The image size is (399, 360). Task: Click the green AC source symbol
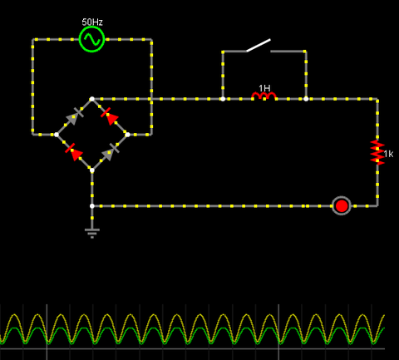tap(91, 39)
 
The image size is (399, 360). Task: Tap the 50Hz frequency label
tap(92, 22)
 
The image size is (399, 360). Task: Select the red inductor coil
tap(264, 96)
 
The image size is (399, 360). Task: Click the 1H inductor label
tap(264, 88)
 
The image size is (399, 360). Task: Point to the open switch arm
tap(259, 45)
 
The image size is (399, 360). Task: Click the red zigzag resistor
tap(377, 152)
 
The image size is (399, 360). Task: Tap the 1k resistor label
tap(388, 154)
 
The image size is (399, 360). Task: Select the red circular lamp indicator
tap(342, 206)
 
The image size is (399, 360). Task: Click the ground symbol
tap(92, 233)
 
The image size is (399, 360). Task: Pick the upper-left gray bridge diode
tap(74, 116)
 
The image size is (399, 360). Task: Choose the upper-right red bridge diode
tap(110, 116)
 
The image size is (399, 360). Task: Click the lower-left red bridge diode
tap(74, 152)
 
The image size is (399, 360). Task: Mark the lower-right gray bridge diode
tap(110, 152)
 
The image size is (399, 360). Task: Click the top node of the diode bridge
tap(92, 99)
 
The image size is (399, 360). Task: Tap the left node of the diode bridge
tap(57, 135)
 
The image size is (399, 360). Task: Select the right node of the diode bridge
tap(127, 135)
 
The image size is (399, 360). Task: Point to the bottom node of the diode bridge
tap(92, 170)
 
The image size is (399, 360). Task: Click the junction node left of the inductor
tap(223, 99)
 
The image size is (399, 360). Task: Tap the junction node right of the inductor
tap(306, 99)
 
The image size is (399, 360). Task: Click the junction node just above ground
tap(92, 206)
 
